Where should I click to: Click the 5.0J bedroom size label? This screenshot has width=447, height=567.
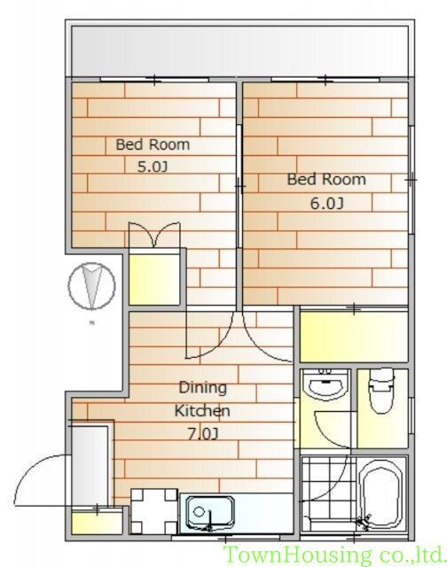coord(153,167)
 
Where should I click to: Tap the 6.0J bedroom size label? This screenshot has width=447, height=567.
coord(326,204)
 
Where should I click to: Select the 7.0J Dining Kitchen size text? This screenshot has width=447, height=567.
coord(203,433)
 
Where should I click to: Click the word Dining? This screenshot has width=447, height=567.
coord(203,388)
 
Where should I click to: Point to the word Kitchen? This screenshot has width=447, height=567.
coord(202,411)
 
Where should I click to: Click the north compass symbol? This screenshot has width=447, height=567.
coord(92,286)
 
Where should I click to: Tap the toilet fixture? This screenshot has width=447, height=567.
coord(380,391)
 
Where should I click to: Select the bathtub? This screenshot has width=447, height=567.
coord(381,495)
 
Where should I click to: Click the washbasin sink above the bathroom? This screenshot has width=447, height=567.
coord(325,384)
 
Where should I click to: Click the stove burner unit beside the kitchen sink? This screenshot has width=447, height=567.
coord(154,511)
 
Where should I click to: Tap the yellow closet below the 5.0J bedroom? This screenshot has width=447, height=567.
coord(154,279)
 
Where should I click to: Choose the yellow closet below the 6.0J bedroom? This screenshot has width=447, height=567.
coord(354,337)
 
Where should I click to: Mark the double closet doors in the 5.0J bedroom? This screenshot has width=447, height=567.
coord(154,235)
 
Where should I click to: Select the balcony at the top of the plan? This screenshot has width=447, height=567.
coord(239,50)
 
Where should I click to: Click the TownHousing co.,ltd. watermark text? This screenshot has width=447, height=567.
coord(333,555)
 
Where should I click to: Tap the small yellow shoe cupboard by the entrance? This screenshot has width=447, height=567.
coord(97,522)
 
